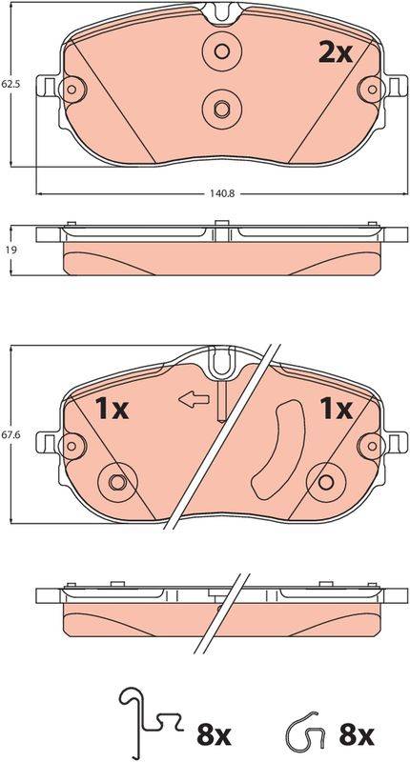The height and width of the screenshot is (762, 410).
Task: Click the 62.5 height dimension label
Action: pos(10,84)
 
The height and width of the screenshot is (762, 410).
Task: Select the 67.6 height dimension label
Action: pos(10,436)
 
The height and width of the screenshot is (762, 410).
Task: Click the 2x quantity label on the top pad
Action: pos(335,53)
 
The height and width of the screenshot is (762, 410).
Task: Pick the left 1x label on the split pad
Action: pos(112,409)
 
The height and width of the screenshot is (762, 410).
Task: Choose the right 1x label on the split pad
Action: pos(335,409)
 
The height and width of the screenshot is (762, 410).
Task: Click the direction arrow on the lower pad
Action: pos(195,399)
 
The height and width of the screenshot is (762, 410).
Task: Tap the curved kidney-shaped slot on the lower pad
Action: pos(278,450)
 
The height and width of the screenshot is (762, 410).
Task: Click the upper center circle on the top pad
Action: pos(222,51)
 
